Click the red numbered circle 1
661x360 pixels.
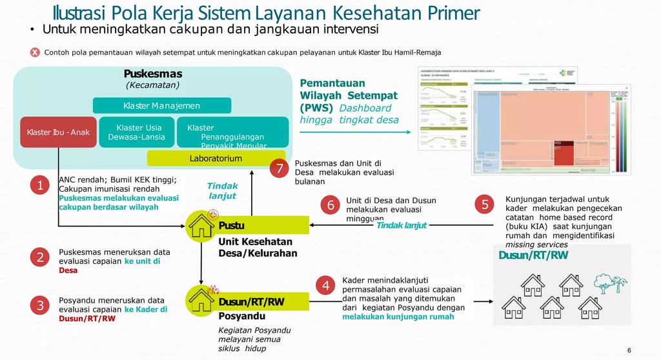(39, 186)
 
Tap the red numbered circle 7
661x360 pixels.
(279, 169)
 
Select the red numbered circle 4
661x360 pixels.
(326, 285)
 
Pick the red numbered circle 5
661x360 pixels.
(485, 205)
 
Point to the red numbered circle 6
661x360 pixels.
(330, 205)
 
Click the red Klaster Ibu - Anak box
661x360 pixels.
(58, 133)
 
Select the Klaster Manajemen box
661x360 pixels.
(162, 106)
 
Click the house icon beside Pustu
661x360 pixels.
(201, 226)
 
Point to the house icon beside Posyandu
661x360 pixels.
(201, 299)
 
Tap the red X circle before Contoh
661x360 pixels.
(35, 52)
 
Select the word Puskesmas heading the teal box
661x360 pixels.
(153, 74)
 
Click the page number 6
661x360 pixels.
(629, 350)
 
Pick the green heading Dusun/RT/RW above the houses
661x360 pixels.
(533, 255)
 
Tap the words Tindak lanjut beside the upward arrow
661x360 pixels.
(222, 190)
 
